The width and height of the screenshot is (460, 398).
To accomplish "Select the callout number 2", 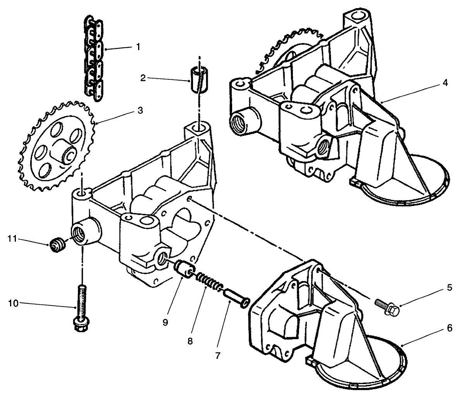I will [x=142, y=78].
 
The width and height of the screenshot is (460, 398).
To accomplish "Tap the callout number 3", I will [x=140, y=110].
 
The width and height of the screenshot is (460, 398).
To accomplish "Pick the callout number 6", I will [x=449, y=328].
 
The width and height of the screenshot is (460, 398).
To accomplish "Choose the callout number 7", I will [x=217, y=355].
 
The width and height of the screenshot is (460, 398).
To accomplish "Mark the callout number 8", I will [x=190, y=341].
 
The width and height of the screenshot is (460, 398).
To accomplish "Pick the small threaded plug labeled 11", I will [x=57, y=245].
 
